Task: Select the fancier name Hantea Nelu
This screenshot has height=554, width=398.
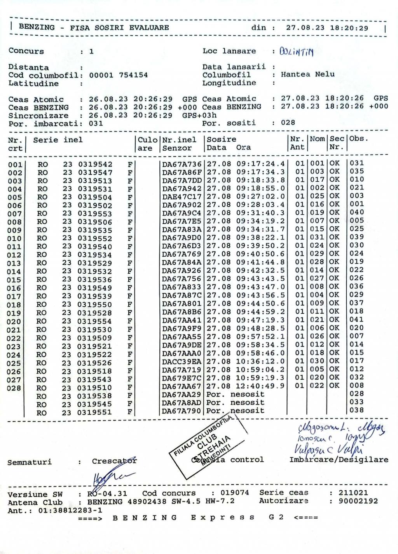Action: tap(307, 74)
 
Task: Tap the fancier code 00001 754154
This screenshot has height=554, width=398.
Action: tap(119, 75)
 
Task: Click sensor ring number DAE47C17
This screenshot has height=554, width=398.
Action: tap(182, 197)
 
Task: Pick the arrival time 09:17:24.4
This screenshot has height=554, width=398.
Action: tap(260, 164)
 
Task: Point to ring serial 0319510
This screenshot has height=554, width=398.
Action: tap(94, 388)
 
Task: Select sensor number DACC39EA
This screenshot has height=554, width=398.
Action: tap(182, 361)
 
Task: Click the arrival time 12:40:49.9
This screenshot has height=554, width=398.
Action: tap(260, 386)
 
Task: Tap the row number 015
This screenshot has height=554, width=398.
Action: tap(14, 280)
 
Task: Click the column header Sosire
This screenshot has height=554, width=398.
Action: tap(222, 139)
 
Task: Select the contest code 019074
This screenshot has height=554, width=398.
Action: tap(235, 493)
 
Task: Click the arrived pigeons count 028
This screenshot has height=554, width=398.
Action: tap(288, 123)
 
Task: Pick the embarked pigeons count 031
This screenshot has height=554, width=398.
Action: tap(96, 123)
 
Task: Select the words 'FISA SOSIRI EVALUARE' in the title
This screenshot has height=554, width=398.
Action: tap(119, 28)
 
